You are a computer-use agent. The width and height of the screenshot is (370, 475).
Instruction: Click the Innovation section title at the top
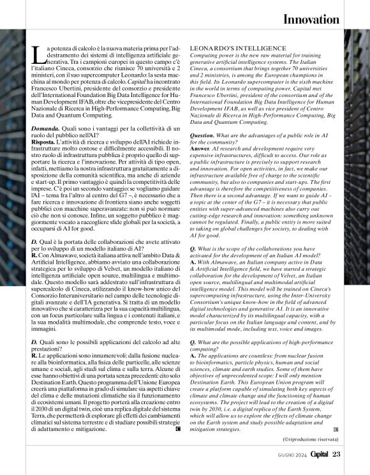(310, 20)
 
